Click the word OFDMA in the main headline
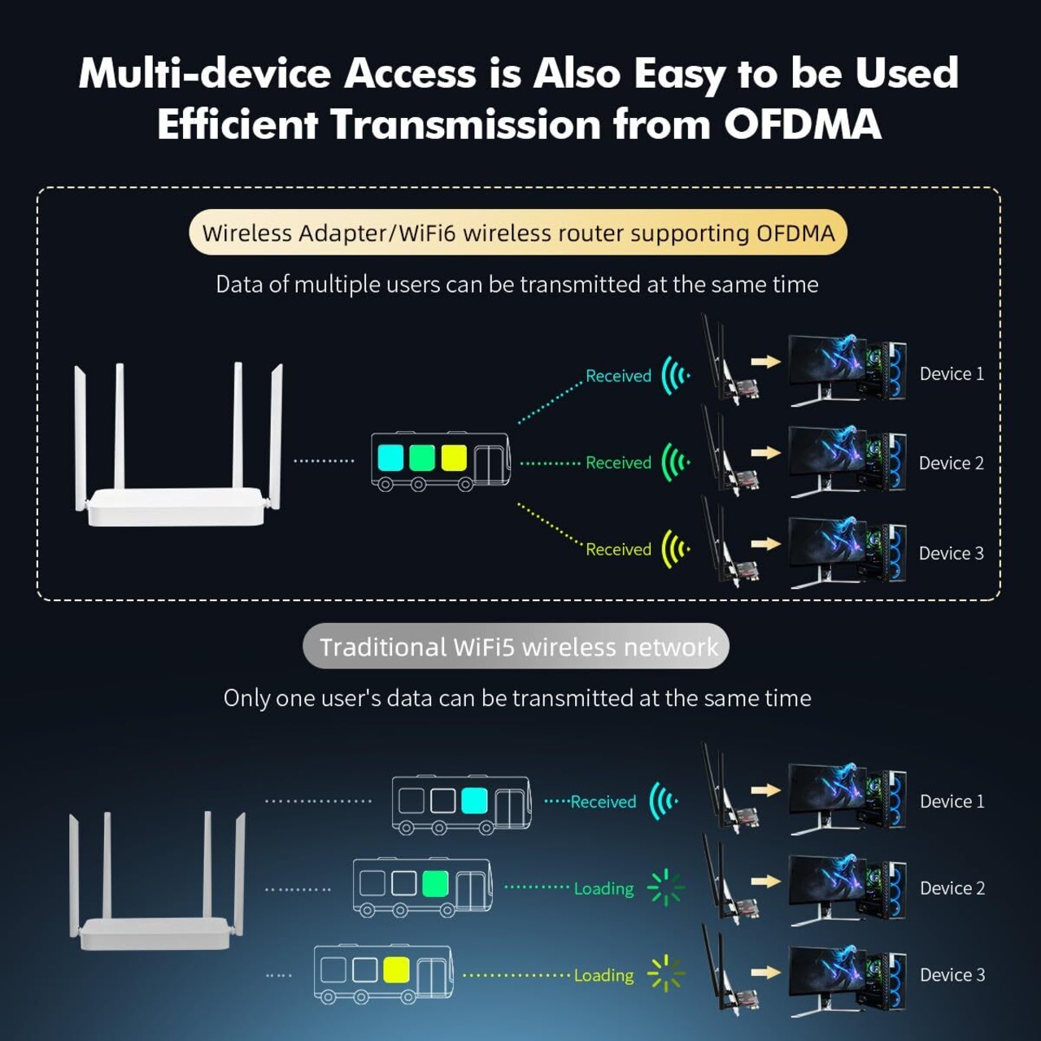pos(802,124)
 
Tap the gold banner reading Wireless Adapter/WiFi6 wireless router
pos(518,233)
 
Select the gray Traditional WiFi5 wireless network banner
pos(516,647)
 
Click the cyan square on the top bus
pos(390,457)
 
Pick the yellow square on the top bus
pos(453,457)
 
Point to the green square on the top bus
pos(422,457)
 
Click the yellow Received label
pos(619,550)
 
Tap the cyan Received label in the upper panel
pos(619,376)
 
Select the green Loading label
pos(603,889)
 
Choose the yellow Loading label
pos(603,975)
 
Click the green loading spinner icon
pos(666,887)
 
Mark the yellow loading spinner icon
pos(666,973)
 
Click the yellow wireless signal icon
pos(675,549)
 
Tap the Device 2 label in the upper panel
pos(951,464)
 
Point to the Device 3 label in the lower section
pos(952,975)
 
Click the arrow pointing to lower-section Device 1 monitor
pos(765,790)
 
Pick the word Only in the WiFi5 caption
pos(247,699)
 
